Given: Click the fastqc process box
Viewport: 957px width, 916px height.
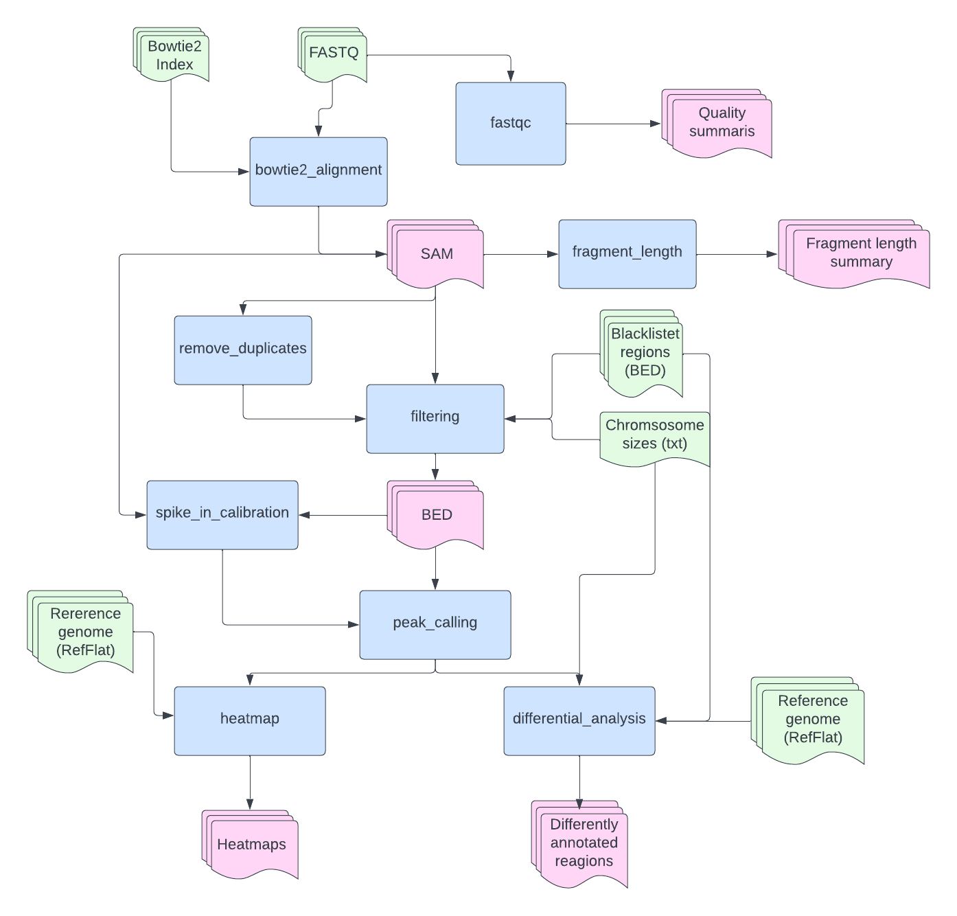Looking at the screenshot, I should tap(510, 124).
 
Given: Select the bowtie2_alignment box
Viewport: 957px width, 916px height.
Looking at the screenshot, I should tap(318, 171).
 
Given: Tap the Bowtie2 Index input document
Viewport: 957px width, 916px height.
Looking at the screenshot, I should tap(174, 56).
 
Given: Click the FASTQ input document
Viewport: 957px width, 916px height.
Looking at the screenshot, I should tap(334, 54).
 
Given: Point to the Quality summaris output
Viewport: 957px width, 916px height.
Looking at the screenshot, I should tap(721, 123).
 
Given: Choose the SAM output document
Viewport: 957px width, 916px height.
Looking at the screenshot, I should tap(437, 254).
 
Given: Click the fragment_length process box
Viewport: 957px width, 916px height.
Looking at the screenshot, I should tap(627, 253).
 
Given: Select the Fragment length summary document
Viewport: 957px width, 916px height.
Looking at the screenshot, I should tap(860, 253).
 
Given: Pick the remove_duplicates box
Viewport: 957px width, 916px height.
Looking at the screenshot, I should tap(242, 350).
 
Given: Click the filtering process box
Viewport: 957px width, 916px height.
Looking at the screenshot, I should tap(435, 418).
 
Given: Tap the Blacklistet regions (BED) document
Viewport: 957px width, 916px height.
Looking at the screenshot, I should tap(645, 353).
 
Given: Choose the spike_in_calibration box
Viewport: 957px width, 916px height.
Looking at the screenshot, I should tap(222, 514).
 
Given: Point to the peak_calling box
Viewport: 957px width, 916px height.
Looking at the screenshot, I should tap(435, 624).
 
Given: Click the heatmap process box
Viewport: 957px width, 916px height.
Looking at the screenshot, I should tap(249, 720).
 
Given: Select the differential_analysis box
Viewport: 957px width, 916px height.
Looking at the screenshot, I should tap(579, 720).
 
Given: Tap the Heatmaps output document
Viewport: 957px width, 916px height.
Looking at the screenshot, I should tap(252, 845).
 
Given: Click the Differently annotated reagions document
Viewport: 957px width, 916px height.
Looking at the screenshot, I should tap(584, 844).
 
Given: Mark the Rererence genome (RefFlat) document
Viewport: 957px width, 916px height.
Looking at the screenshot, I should tap(85, 632).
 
